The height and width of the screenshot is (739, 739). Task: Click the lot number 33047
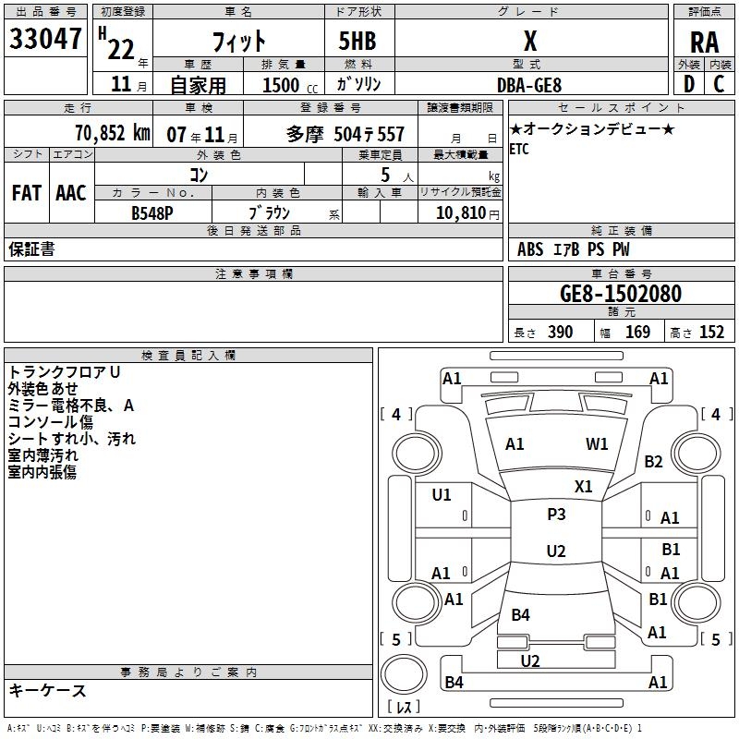click(x=45, y=41)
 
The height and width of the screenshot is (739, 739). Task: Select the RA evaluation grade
click(x=704, y=42)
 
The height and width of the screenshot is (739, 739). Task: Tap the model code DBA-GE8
click(x=529, y=85)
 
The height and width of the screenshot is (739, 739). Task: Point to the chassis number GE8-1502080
click(x=621, y=294)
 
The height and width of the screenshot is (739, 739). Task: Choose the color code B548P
click(x=152, y=212)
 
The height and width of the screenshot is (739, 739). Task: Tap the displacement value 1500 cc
click(x=287, y=85)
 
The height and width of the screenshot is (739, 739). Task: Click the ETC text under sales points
click(x=519, y=151)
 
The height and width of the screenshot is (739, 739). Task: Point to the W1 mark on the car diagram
click(x=598, y=444)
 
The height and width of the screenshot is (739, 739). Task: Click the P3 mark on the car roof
click(x=556, y=515)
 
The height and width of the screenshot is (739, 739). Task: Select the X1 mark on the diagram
click(x=584, y=486)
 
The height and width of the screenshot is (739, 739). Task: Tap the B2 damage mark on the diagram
click(x=654, y=462)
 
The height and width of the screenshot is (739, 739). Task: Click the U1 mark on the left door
click(x=442, y=495)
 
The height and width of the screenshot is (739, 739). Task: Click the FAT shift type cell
click(x=27, y=193)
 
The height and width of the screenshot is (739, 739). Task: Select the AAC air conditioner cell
click(x=71, y=193)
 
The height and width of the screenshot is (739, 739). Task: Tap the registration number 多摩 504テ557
click(x=345, y=134)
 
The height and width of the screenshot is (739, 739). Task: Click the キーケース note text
click(x=47, y=690)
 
